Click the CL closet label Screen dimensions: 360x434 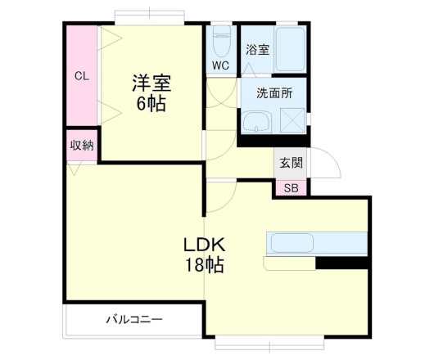82,76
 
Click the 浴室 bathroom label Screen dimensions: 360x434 257,49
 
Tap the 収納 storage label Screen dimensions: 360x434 81,146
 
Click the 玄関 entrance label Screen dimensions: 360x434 290,162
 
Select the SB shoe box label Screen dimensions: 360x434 291,187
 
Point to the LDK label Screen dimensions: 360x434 203,244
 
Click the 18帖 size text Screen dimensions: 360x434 203,265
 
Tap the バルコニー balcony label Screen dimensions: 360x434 133,318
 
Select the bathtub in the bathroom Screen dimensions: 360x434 290,48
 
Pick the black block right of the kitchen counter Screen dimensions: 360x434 342,263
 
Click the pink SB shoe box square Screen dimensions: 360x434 291,187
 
